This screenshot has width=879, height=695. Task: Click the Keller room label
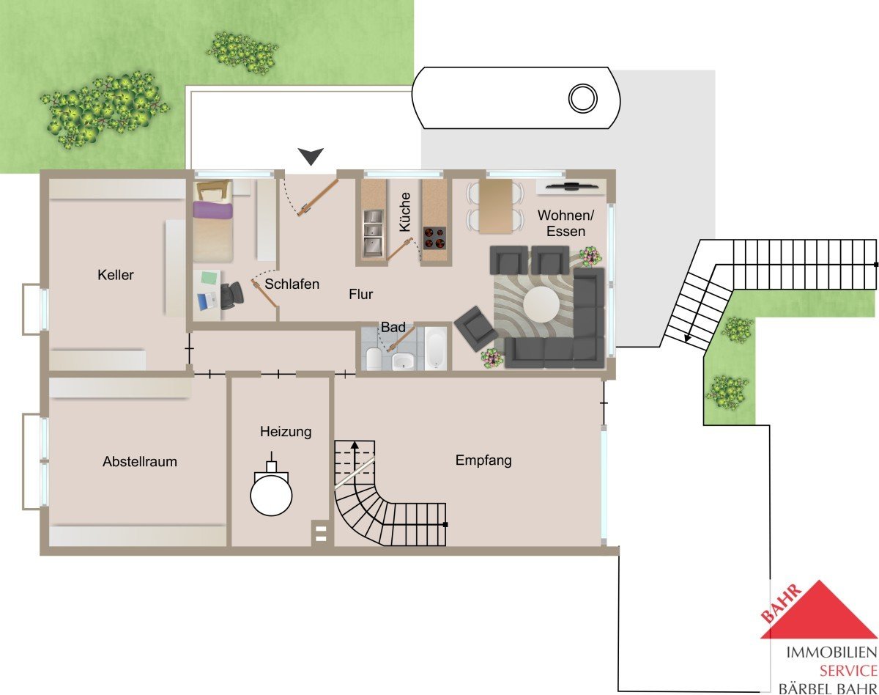[115, 275]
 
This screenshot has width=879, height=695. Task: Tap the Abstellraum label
[140, 462]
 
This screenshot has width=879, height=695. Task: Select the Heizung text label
[286, 432]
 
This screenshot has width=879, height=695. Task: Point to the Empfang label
[483, 460]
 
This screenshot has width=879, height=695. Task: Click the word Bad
[393, 327]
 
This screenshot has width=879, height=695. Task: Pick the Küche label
[404, 212]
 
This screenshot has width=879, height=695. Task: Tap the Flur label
[360, 295]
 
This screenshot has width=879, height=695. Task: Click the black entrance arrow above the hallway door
[311, 156]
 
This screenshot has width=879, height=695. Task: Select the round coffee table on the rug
[541, 304]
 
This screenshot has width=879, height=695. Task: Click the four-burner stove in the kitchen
[434, 238]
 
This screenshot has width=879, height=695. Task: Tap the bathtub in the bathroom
[437, 349]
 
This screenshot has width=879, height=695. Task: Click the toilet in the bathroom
[374, 358]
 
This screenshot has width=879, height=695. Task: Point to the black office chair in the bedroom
[231, 295]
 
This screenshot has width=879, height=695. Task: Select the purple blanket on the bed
[213, 210]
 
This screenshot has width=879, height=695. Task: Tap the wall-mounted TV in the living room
[572, 186]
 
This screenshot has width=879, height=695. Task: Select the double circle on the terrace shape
[583, 98]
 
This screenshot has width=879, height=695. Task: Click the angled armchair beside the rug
[476, 328]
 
